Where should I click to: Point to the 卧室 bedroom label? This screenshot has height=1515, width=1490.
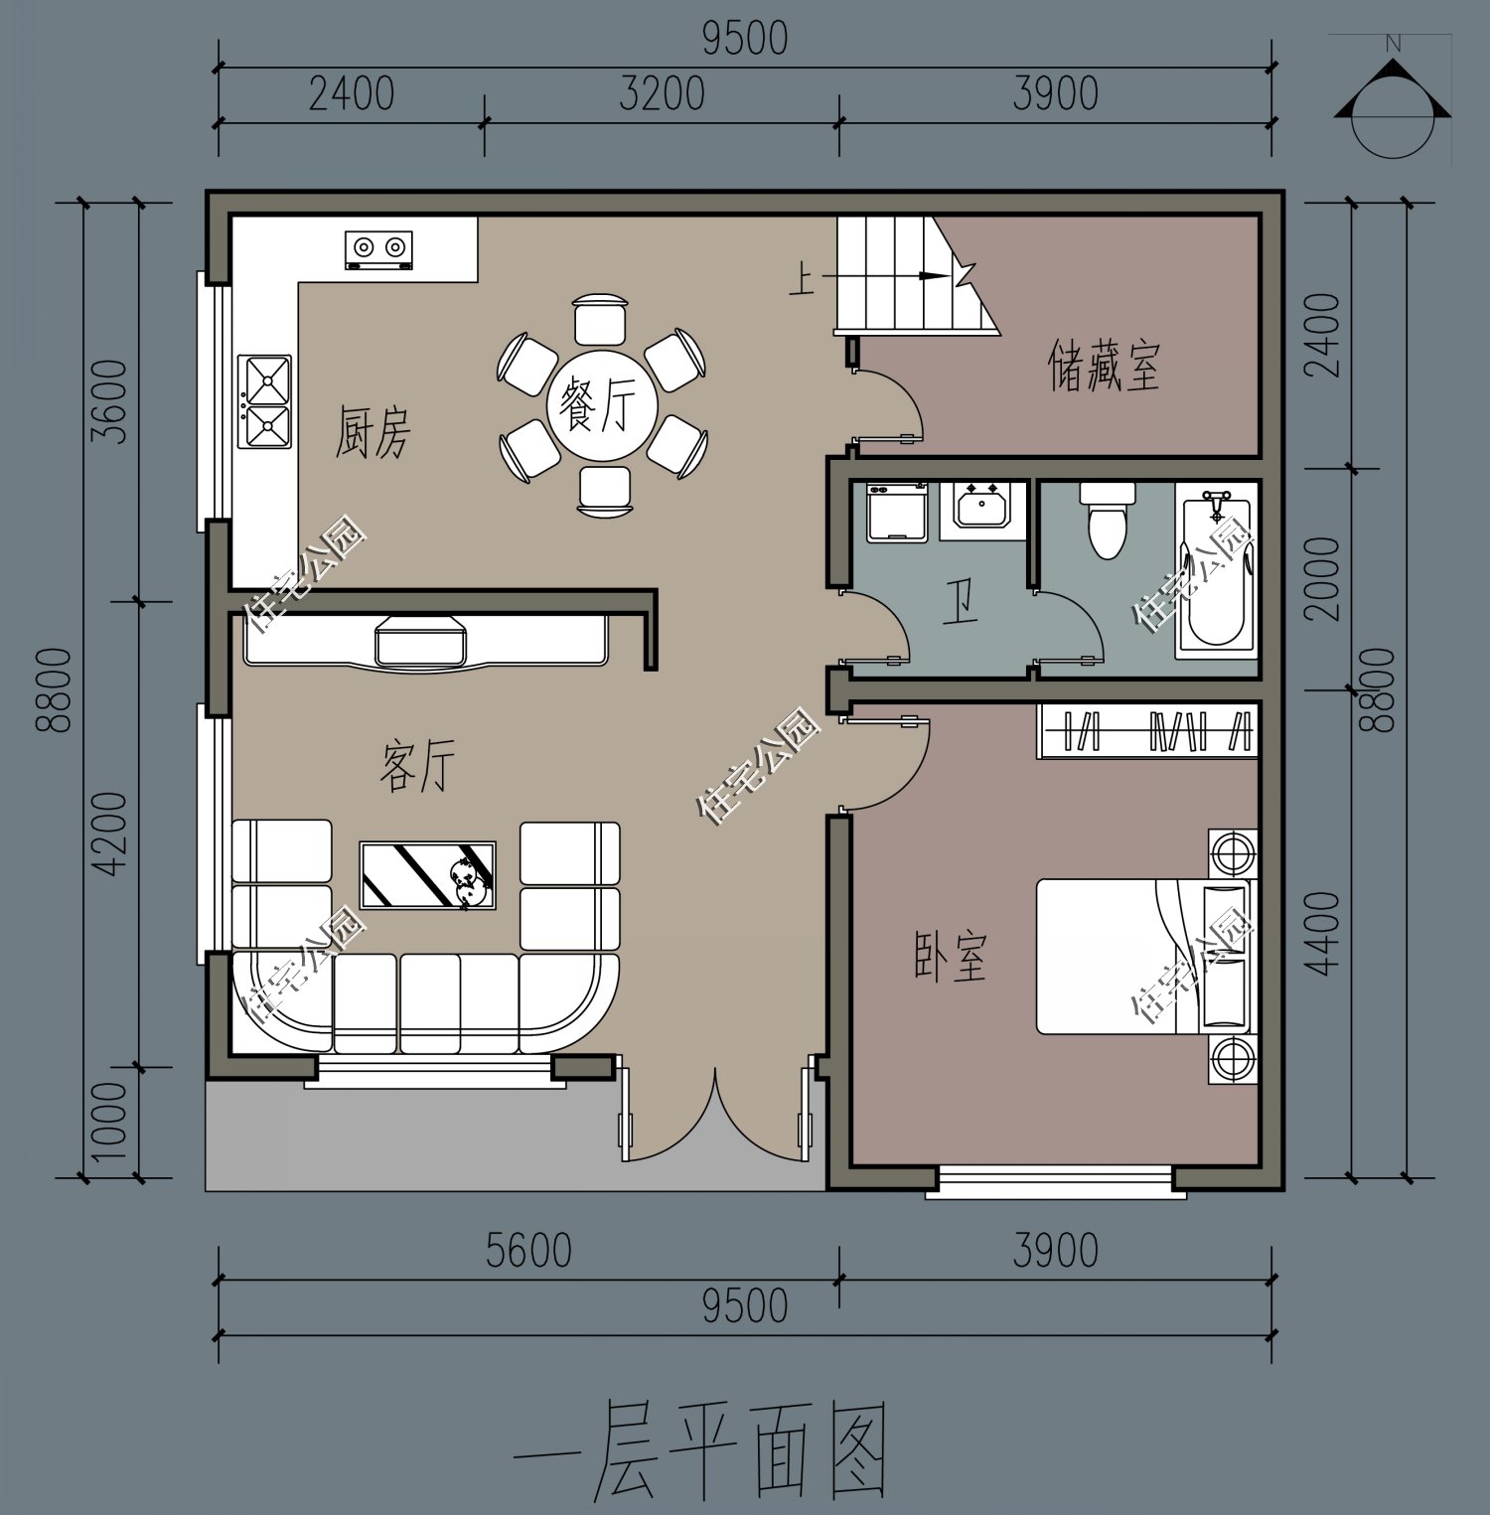[x=951, y=956]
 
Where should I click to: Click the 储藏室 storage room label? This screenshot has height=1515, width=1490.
[x=1104, y=366]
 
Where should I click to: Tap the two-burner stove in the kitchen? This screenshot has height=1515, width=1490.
[x=378, y=248]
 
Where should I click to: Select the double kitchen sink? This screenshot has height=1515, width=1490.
[x=265, y=401]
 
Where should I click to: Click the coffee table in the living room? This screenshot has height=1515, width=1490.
[x=427, y=875]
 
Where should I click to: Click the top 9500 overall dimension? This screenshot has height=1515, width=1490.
[x=745, y=39]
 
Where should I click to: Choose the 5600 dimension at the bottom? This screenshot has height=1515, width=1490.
[x=528, y=1251]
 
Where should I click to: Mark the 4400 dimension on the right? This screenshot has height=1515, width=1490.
[x=1325, y=934]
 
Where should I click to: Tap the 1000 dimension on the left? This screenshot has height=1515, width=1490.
[x=109, y=1122]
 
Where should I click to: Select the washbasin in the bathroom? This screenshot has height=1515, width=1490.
[x=982, y=507]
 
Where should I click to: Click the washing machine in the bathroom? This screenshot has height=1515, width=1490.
[x=896, y=513]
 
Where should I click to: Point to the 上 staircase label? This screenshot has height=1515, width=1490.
[x=801, y=279]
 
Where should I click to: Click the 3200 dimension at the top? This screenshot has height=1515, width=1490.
[x=662, y=94]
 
